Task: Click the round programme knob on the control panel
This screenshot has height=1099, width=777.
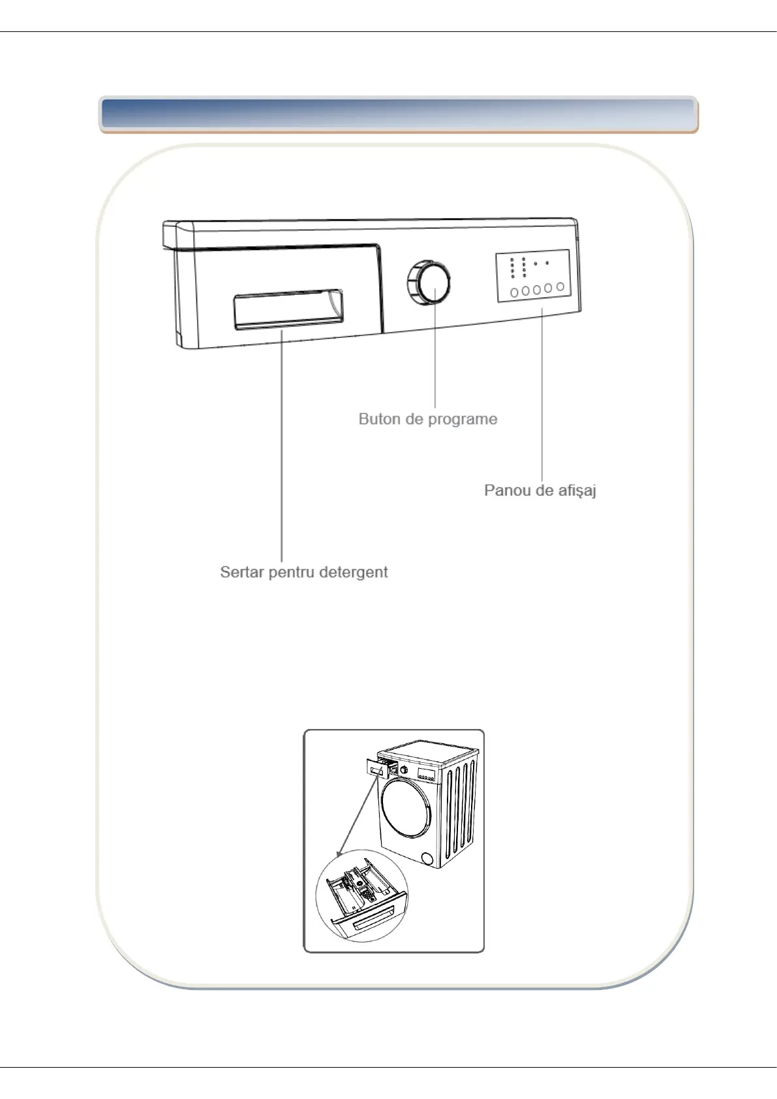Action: pyautogui.click(x=428, y=283)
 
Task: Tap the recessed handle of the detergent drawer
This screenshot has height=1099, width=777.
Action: pyautogui.click(x=288, y=309)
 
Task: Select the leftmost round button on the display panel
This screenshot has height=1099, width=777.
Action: pyautogui.click(x=514, y=292)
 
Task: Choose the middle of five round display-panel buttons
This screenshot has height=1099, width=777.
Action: pyautogui.click(x=537, y=290)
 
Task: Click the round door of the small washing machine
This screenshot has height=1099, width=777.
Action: pyautogui.click(x=406, y=808)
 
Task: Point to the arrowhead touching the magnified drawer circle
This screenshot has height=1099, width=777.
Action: pyautogui.click(x=339, y=854)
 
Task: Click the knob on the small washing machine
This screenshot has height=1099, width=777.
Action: pyautogui.click(x=404, y=770)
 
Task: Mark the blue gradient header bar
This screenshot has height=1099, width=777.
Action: pyautogui.click(x=399, y=114)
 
